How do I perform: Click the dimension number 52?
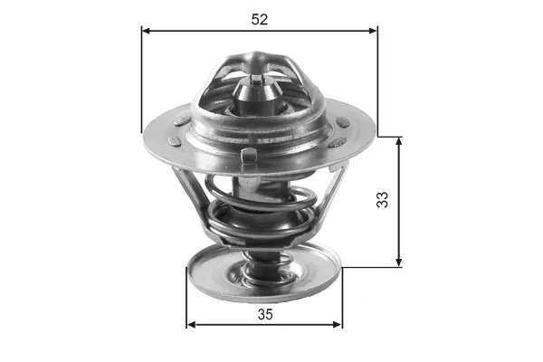pos(260,19)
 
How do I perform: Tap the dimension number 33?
pos(382,199)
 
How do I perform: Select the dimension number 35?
pos(265,314)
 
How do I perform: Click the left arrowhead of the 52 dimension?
pos(146,31)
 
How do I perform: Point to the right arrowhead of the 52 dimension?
pos(373,31)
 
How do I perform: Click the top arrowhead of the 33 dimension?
pos(399,141)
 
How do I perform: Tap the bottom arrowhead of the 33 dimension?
pos(399,262)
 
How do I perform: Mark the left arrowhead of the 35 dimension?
pos(191,325)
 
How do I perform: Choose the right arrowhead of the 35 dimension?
pos(338,325)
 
